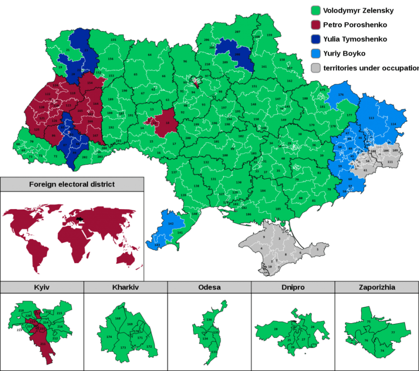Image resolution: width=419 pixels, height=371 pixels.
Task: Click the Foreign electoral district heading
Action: coord(72,184)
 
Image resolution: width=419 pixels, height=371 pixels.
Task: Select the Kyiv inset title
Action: coord(42,287)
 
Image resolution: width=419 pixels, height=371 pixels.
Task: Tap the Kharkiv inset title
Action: coord(126,287)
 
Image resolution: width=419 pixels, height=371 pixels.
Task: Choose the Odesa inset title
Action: coord(209,287)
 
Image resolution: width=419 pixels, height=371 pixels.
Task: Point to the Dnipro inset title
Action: coord(293,287)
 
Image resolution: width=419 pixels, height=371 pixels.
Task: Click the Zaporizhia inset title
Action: coord(377,287)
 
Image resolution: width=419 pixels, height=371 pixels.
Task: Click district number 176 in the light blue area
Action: coord(341,95)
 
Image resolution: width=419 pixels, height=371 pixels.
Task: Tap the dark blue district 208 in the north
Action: coord(237,54)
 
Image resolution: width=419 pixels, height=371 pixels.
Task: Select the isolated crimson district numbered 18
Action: coord(167,123)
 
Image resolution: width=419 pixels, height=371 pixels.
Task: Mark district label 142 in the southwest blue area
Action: coord(171,224)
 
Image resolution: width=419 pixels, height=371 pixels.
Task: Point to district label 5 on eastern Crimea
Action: coord(318,250)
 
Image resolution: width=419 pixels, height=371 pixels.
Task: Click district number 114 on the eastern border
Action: coord(393,124)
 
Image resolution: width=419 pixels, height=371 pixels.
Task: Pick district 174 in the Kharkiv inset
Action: coord(109,336)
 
